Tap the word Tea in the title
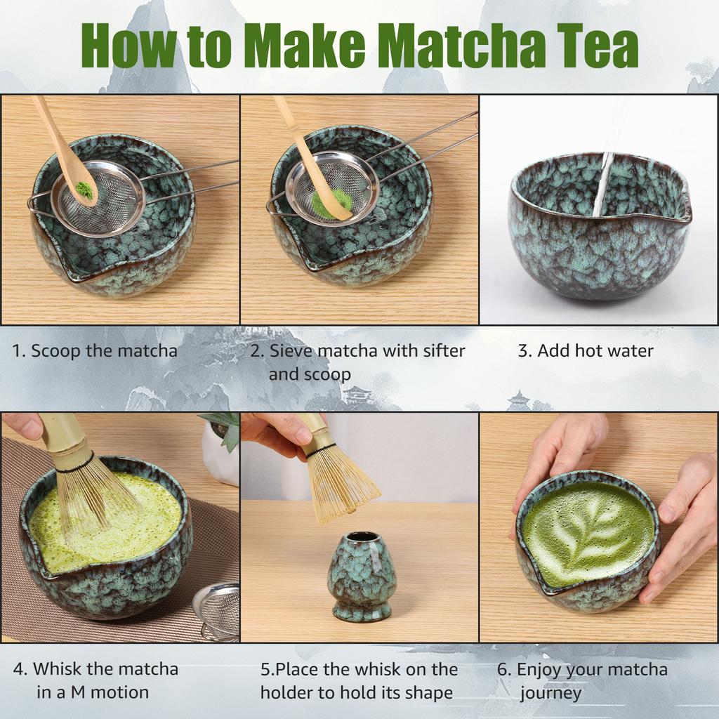(x=597, y=46)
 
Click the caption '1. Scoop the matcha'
(x=95, y=350)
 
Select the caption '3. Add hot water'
(x=586, y=350)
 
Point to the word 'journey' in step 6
(x=550, y=694)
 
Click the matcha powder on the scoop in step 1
(x=84, y=189)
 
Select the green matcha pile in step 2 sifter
(x=330, y=203)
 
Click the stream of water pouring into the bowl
(x=603, y=183)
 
